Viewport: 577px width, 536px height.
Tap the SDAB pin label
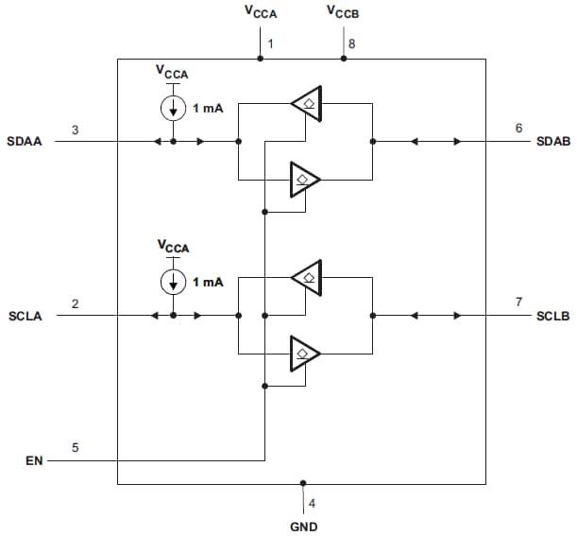tap(552, 142)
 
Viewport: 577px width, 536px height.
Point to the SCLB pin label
tap(552, 316)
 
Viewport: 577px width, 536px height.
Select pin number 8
tap(351, 44)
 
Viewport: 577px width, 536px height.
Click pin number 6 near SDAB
tap(518, 129)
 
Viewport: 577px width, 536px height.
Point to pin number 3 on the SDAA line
tap(75, 129)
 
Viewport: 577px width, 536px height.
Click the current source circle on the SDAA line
tap(174, 108)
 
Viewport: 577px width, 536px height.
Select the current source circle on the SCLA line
tap(174, 282)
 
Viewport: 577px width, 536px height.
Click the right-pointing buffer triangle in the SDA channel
tap(304, 178)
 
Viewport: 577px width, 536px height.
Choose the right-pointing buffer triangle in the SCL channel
tap(304, 353)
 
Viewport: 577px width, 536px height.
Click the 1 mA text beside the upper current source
tap(209, 109)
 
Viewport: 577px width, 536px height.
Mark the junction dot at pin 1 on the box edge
tap(260, 59)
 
